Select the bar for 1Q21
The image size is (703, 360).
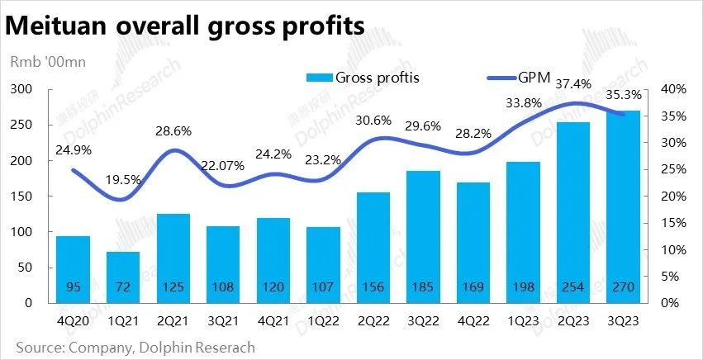click(x=123, y=277)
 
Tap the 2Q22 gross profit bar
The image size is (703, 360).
click(x=373, y=247)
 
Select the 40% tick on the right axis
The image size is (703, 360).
click(x=675, y=89)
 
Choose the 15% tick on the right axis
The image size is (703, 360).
click(x=675, y=223)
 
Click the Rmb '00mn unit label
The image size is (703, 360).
click(x=47, y=61)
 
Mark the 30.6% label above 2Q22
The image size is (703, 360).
click(x=373, y=120)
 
